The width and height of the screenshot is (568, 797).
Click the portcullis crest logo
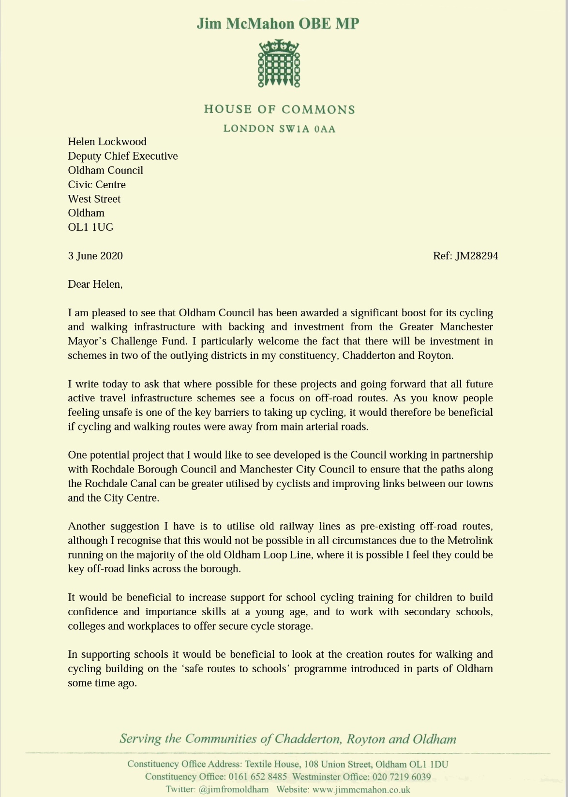click(279, 64)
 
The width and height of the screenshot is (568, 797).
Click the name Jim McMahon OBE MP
click(278, 24)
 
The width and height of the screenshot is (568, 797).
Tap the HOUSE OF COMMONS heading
click(279, 109)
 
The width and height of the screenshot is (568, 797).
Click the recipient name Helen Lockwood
click(107, 142)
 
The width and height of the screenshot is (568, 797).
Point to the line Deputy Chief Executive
click(122, 156)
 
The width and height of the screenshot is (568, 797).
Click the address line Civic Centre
click(97, 184)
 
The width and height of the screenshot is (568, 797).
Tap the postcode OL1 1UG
click(90, 227)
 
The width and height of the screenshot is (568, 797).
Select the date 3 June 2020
click(95, 255)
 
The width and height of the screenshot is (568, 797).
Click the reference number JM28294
click(476, 255)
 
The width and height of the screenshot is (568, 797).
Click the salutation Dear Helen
click(95, 284)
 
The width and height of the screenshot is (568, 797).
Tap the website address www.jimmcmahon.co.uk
click(361, 789)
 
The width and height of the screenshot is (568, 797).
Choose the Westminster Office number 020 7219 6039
click(401, 777)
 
